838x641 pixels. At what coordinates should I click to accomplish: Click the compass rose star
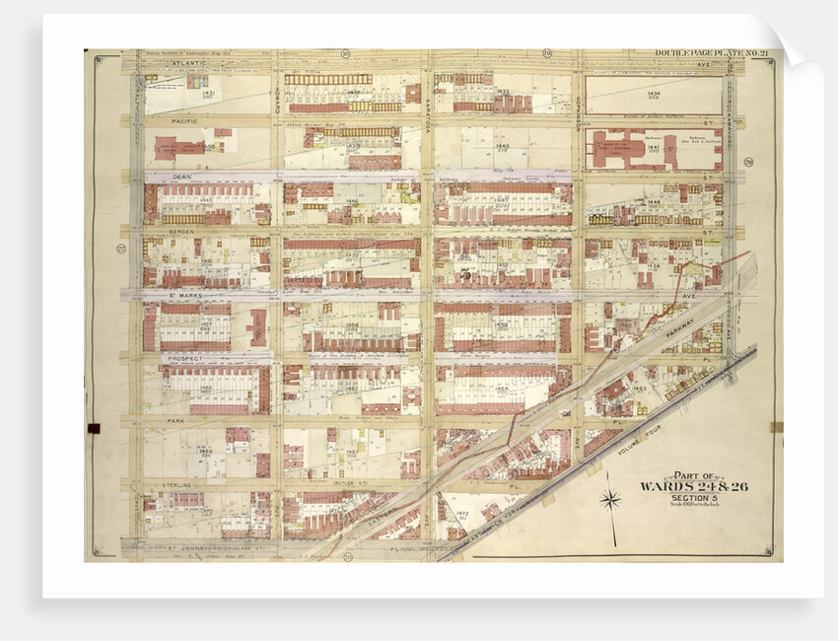coord(611,501)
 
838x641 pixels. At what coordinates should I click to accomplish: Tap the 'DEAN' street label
coord(181,177)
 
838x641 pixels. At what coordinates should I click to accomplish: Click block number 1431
coord(208,94)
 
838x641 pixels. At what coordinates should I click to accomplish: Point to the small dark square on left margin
coord(94,427)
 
